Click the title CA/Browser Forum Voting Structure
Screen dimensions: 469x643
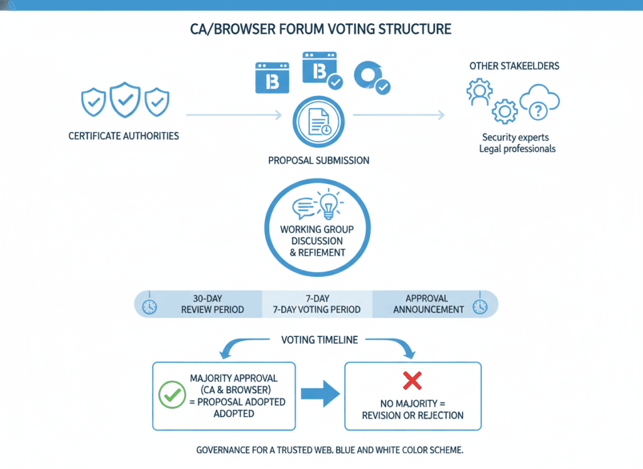pos(321,29)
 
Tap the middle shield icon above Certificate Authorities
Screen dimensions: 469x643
pos(124,99)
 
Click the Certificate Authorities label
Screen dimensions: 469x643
pos(124,136)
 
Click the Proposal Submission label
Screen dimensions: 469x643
pos(318,160)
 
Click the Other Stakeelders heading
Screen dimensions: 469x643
pos(514,66)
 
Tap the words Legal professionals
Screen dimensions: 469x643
pos(517,149)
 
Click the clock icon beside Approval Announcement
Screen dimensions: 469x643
pos(480,306)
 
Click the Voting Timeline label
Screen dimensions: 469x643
pos(320,340)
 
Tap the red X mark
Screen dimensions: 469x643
pos(412,380)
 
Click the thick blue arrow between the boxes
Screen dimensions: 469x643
pos(320,394)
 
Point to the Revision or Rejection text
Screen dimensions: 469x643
pos(413,415)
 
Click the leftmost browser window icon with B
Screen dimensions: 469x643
pos(272,78)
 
